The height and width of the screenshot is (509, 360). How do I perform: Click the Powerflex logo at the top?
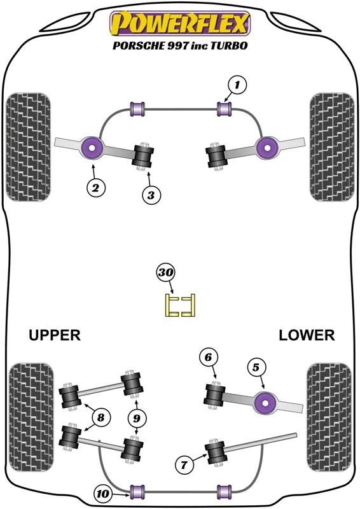pos(180,23)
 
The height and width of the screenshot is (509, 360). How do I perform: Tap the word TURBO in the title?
pos(229,45)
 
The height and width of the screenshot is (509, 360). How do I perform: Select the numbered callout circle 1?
pos(237,85)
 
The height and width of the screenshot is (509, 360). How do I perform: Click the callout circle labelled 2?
pos(96,188)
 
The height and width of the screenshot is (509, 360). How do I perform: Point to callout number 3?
pos(151,195)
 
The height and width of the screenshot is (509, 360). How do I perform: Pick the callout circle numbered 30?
pos(166,272)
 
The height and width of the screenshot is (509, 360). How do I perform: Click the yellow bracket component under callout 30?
pos(180,305)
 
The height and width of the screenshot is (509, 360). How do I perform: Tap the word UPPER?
pos(55,335)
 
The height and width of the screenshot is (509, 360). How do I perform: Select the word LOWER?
pos(307,335)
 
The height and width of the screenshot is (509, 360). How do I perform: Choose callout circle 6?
pos(208,358)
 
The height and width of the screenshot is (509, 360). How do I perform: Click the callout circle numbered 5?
pos(256,367)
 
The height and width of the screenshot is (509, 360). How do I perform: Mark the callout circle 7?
pos(184,465)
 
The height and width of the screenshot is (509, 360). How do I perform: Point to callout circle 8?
pos(101,417)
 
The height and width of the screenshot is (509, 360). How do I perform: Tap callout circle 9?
pos(137,418)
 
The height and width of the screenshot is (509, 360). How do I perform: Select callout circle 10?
pos(103,494)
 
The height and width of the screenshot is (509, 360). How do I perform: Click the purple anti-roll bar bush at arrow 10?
pos(137,492)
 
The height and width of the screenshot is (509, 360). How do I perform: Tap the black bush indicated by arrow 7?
pos(215,452)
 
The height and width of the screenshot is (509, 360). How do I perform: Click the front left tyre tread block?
pos(29,147)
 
